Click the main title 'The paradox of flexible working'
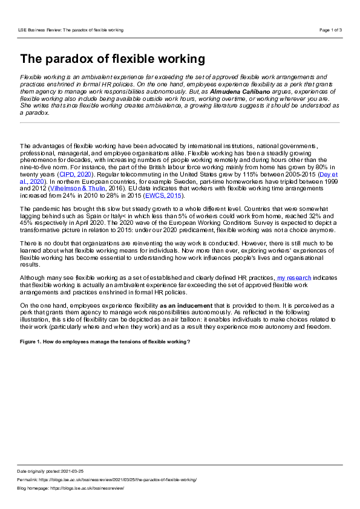(113, 59)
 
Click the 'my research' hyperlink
(294, 277)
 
